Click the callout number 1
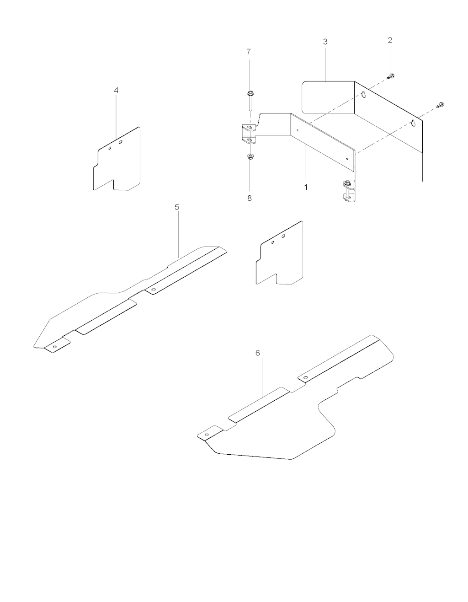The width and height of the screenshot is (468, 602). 306,187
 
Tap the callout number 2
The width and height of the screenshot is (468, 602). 390,40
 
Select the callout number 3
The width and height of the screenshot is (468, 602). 325,42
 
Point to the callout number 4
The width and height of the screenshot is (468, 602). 116,90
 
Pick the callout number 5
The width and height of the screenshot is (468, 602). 177,207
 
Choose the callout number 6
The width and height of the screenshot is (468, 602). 258,353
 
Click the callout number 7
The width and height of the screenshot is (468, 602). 249,52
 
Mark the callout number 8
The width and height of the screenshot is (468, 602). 250,198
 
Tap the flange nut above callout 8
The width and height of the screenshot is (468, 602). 250,156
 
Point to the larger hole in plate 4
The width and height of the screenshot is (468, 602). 120,142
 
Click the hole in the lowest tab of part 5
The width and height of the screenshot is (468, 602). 55,347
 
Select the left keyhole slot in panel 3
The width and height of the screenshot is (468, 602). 363,95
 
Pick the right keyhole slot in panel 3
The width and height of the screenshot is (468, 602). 414,123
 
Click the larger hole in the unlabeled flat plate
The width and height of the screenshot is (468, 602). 283,236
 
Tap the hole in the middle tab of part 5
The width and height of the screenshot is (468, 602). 154,290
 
